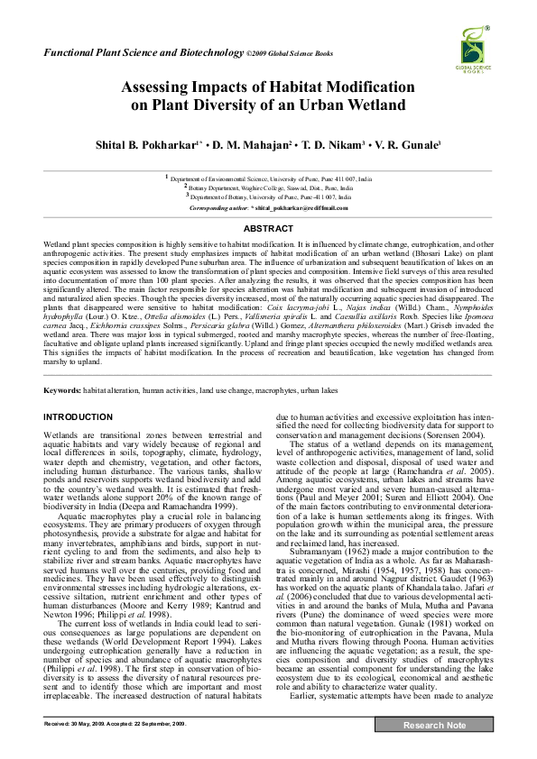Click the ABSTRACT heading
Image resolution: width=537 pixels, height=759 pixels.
[268, 229]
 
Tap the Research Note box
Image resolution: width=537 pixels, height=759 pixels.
[435, 751]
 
